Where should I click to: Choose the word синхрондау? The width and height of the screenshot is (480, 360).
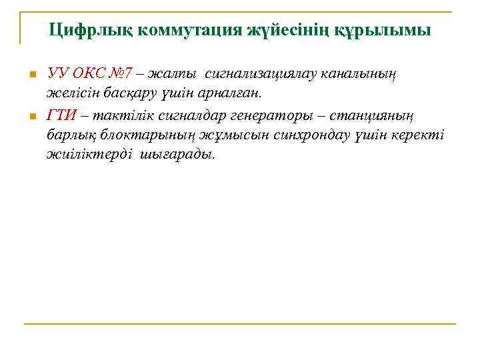tap(307, 135)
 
